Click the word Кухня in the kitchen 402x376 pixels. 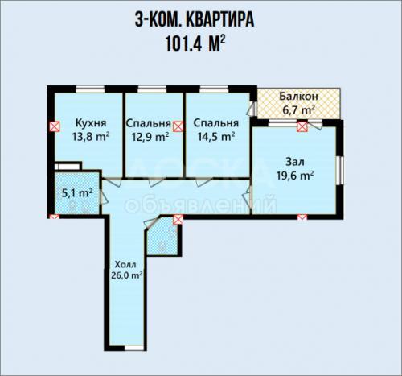[91, 123]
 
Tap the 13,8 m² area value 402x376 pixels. [91, 137]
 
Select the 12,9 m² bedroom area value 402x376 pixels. [150, 137]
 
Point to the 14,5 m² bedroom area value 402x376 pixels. [216, 137]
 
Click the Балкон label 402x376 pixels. [298, 97]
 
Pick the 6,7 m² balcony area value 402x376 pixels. [298, 109]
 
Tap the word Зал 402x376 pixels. [295, 162]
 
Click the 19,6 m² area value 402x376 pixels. [295, 176]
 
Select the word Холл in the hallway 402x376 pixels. [125, 265]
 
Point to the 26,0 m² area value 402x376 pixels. [125, 275]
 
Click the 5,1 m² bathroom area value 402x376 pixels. [77, 193]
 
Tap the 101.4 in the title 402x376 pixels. [184, 43]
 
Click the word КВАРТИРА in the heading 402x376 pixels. [219, 19]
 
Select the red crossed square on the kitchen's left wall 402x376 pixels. [55, 126]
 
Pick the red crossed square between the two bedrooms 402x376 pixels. [178, 126]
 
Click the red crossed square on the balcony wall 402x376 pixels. [302, 126]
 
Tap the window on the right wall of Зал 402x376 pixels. [340, 170]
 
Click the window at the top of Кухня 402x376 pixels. [90, 89]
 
